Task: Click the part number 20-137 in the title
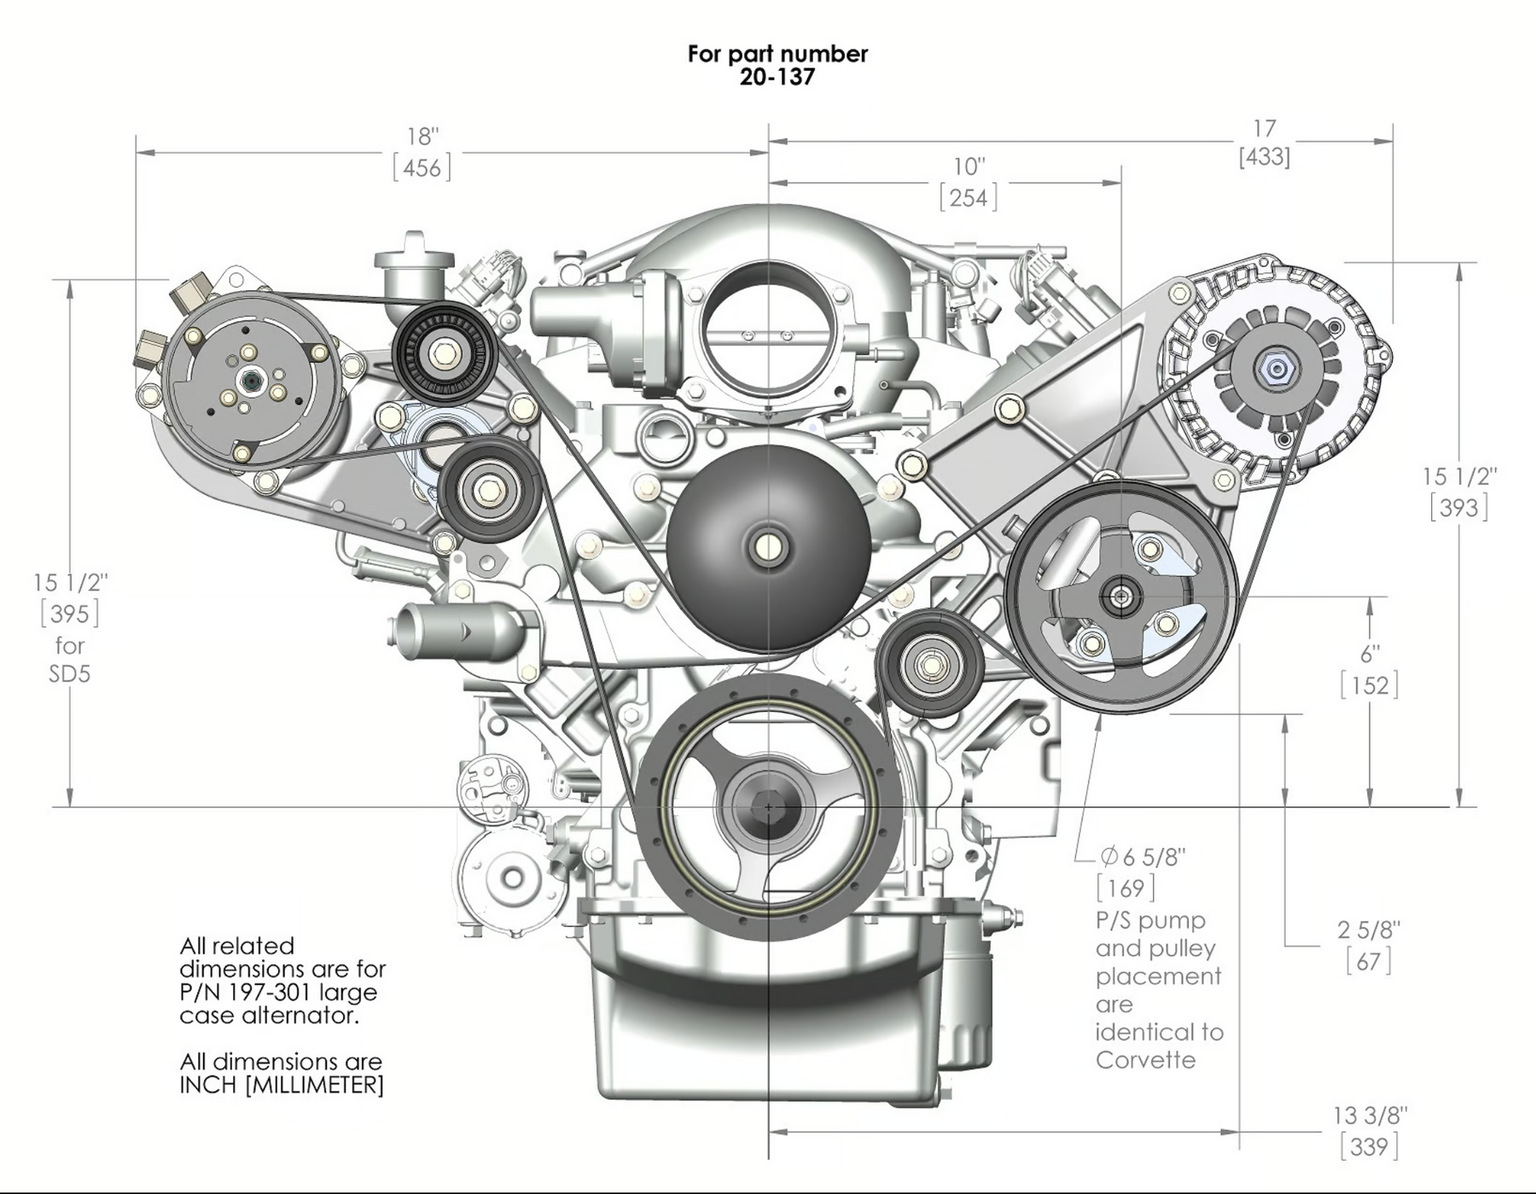(x=777, y=77)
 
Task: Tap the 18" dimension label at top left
(x=422, y=137)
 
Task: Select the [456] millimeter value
(x=422, y=167)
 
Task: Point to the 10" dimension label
(x=969, y=166)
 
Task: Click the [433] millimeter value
(x=1264, y=157)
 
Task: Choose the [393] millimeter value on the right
(x=1458, y=508)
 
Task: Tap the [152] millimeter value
(x=1369, y=684)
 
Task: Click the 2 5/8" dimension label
(x=1368, y=929)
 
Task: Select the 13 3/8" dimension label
(x=1370, y=1115)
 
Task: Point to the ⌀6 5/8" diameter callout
(x=1142, y=856)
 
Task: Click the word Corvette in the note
(x=1145, y=1060)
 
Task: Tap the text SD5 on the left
(x=69, y=673)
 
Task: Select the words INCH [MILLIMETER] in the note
(x=281, y=1085)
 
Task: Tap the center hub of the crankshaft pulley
(x=768, y=806)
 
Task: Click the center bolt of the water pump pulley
(x=767, y=546)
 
